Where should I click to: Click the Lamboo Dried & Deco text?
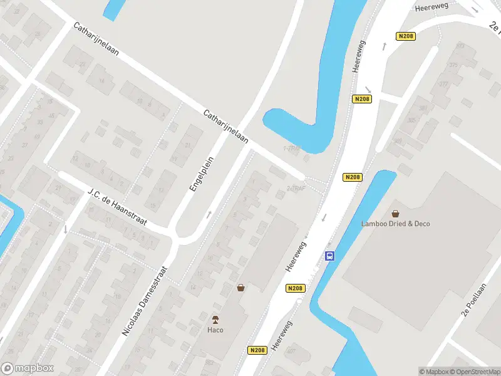click(395, 224)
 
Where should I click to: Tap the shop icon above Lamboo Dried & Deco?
click(395, 213)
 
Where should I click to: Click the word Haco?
click(215, 330)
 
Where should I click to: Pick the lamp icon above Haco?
click(215, 319)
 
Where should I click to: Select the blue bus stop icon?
click(329, 256)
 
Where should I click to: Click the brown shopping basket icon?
click(240, 288)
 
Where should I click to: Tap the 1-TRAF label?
click(291, 149)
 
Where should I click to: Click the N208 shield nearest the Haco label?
click(257, 350)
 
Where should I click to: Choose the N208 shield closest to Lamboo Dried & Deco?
click(353, 177)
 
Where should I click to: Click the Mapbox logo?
click(28, 368)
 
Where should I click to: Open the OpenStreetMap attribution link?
click(475, 372)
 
